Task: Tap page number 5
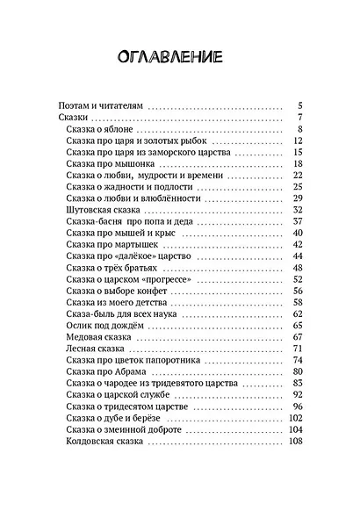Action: pyautogui.click(x=299, y=104)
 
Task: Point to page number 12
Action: pyautogui.click(x=297, y=141)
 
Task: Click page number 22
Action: pyautogui.click(x=297, y=176)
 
